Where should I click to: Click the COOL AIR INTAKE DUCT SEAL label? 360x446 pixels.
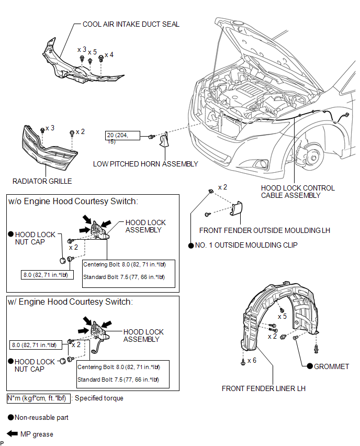[131, 24]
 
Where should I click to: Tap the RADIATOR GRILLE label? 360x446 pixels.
[42, 181]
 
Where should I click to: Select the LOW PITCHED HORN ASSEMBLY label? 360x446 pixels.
[145, 164]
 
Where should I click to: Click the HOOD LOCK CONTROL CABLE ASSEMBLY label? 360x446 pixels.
[298, 192]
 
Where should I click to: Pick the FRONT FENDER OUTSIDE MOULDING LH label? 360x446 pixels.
[265, 230]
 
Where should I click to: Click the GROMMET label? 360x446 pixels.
[331, 366]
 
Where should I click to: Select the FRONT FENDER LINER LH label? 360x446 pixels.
[263, 388]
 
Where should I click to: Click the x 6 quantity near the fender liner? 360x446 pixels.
[252, 360]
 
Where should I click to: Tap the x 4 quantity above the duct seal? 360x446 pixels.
[109, 54]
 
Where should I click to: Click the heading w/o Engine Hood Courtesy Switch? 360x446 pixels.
[73, 202]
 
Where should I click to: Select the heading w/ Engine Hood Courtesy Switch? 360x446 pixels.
[70, 302]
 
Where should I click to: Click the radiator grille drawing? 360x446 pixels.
[49, 149]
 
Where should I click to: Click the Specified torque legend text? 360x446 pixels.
[99, 398]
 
